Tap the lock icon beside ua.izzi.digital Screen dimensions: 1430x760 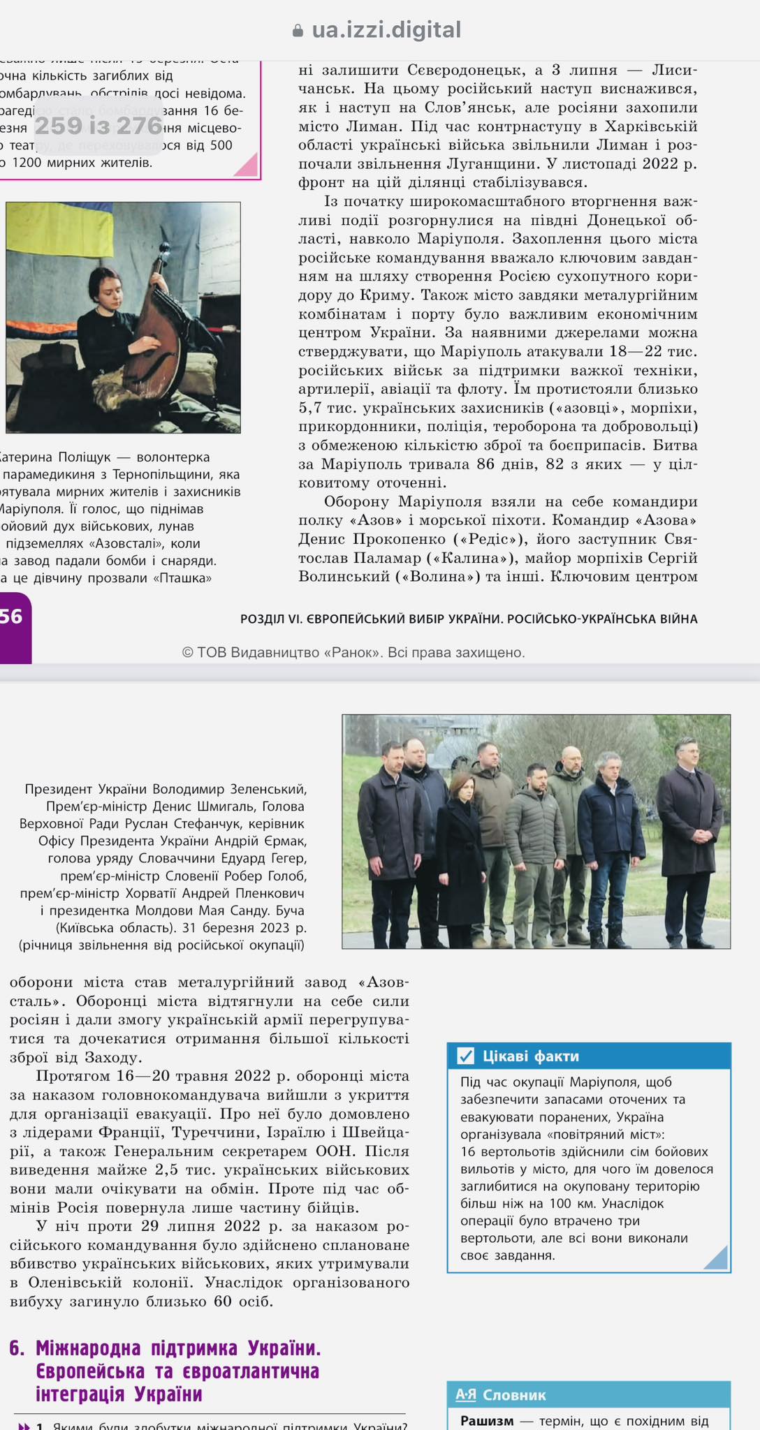(298, 31)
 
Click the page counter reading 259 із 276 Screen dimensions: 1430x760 (98, 126)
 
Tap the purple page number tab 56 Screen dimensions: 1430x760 (13, 617)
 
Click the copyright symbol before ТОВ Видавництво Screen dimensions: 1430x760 (187, 653)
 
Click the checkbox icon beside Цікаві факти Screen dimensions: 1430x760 (465, 1056)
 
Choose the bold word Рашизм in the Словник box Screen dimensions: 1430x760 (487, 1421)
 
